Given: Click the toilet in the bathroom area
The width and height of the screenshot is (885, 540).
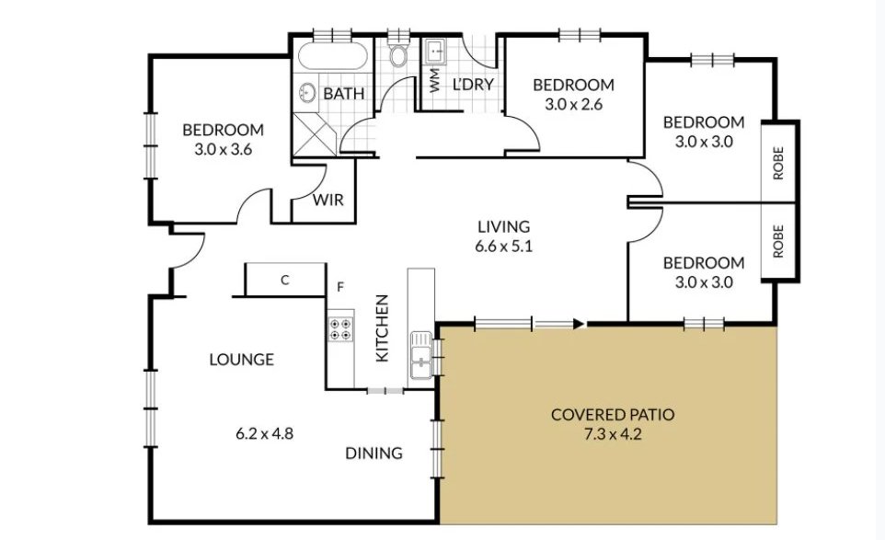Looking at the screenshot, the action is point(399,52).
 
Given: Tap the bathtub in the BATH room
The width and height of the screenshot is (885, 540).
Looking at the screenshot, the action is point(332,56).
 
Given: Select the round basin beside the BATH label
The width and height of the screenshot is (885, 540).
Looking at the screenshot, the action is point(307,93).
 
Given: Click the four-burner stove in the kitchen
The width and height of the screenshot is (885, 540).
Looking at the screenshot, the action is point(341,329).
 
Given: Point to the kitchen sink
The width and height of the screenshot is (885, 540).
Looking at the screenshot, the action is point(421,356).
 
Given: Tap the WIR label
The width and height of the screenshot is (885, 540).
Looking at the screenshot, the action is point(328,200).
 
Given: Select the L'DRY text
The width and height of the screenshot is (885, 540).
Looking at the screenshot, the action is point(473,84).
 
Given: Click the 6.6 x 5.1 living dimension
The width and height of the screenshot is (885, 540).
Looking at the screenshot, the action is point(503,247).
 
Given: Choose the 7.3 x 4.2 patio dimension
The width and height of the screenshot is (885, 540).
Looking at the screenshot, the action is point(613,435).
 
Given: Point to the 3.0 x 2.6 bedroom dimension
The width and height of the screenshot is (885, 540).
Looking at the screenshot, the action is point(573,104).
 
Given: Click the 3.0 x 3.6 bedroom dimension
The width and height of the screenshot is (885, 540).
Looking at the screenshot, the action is point(223,150).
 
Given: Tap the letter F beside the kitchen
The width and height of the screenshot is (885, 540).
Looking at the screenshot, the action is point(340,287).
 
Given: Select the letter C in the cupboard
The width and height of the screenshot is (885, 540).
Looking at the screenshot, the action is point(285,280).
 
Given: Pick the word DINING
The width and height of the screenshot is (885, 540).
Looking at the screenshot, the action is point(374,454).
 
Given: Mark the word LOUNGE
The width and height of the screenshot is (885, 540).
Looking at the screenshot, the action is point(242,360).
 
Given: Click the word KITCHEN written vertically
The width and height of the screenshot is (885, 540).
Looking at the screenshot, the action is point(382,327).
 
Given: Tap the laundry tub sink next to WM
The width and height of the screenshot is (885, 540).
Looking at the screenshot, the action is point(435,51).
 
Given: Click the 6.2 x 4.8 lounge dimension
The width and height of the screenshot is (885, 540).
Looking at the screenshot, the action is point(264,434).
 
